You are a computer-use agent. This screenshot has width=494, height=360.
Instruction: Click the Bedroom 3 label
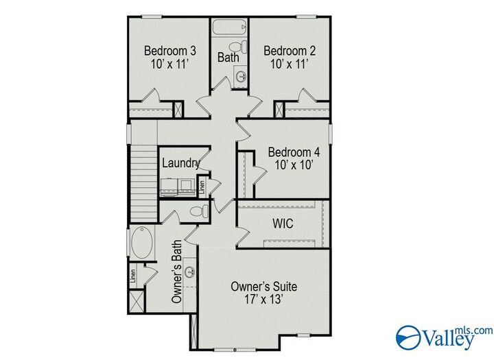[x=170, y=51]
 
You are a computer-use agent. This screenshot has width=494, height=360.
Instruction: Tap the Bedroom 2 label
[x=290, y=51]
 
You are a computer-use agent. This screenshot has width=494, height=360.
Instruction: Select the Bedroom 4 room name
[x=294, y=152]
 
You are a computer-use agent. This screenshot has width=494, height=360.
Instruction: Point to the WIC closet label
[x=283, y=224]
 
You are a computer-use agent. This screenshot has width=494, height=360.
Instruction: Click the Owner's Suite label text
[x=263, y=286]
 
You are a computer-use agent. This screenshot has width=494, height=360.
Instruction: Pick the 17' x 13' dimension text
[x=263, y=300]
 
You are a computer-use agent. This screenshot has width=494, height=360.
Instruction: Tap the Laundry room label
[x=181, y=163]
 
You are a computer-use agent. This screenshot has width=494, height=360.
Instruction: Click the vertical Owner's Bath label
[x=176, y=272]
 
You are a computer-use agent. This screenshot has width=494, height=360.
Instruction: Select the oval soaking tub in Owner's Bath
[x=142, y=243]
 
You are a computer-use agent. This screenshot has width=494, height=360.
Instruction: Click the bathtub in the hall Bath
[x=228, y=29]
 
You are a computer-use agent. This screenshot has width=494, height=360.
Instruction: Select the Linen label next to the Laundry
[x=202, y=185]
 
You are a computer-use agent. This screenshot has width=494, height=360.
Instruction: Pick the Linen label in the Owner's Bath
[x=133, y=276]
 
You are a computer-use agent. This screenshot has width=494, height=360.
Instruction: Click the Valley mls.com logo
[x=444, y=337]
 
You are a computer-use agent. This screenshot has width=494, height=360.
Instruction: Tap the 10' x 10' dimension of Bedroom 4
[x=294, y=165]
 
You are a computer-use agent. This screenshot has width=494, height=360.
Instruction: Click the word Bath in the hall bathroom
[x=228, y=58]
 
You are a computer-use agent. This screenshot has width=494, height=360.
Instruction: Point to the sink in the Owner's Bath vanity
[x=189, y=272]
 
